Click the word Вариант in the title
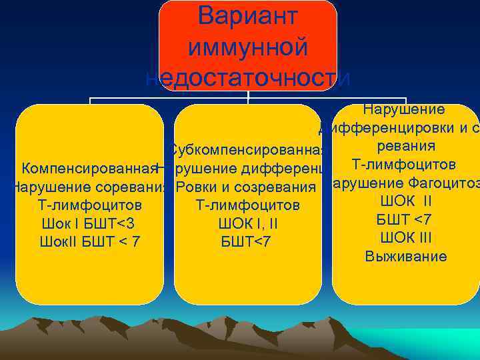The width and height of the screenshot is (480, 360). point(248,17)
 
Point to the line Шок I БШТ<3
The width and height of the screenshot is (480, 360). point(89,223)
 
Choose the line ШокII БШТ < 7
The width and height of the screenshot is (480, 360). point(89,241)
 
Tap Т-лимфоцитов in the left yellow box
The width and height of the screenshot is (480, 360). point(89,204)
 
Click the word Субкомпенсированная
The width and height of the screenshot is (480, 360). point(247,148)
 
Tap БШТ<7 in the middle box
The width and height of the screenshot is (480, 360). point(247,241)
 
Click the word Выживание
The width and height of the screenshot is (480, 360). point(406,257)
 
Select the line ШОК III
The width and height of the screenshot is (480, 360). point(406,238)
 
